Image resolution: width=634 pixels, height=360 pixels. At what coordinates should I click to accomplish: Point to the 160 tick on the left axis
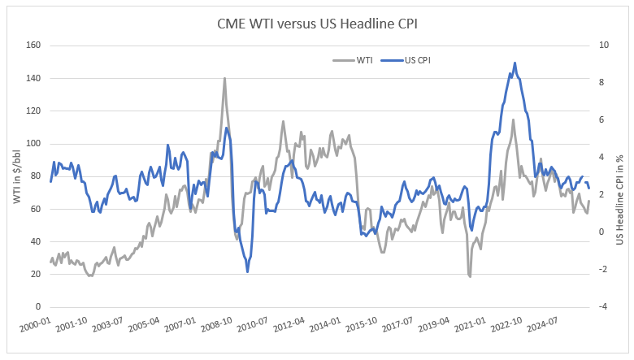33,46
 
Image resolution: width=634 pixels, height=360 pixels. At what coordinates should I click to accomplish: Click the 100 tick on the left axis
33,144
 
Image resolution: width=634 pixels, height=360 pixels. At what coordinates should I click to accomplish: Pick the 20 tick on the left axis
36,275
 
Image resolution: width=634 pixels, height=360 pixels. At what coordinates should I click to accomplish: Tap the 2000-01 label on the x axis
35,326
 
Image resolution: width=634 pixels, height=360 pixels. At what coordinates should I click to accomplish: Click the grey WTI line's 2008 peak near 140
225,78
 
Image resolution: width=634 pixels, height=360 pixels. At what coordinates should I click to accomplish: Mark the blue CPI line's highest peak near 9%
515,63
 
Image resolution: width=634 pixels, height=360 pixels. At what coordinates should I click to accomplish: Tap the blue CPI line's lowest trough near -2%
247,271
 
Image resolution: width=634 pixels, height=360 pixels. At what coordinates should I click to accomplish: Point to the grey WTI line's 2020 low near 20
470,276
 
